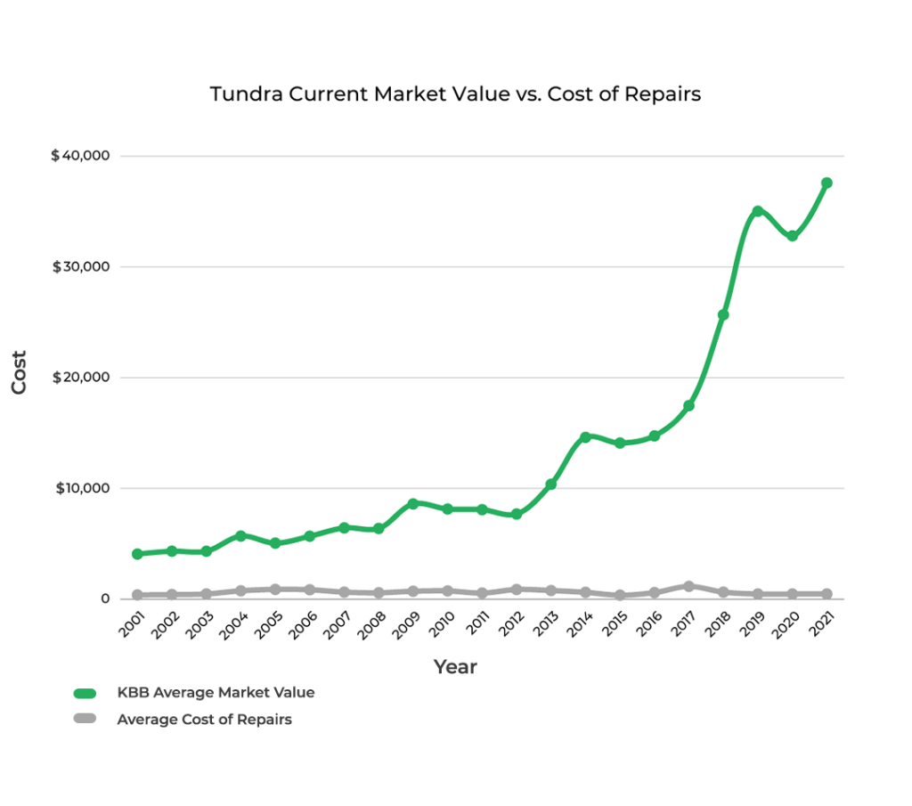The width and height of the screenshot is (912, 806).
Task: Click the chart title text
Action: click(x=455, y=94)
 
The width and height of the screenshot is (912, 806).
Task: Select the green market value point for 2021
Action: click(x=826, y=183)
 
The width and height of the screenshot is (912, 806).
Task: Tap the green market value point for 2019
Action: click(x=758, y=211)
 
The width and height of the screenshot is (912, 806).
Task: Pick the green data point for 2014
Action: click(x=585, y=437)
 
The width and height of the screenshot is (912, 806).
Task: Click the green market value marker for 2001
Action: click(x=137, y=554)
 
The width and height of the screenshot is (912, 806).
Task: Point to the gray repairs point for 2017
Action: click(x=688, y=586)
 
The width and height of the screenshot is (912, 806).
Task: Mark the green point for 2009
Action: click(x=412, y=503)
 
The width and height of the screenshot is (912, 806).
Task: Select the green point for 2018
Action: click(x=723, y=314)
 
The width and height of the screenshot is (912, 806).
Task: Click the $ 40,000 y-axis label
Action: click(x=80, y=156)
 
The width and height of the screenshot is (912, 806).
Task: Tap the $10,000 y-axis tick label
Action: click(x=82, y=488)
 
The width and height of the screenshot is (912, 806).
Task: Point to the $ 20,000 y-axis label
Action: click(x=80, y=378)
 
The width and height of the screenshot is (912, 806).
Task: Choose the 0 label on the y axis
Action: click(x=105, y=598)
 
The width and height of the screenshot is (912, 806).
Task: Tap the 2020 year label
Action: click(x=785, y=624)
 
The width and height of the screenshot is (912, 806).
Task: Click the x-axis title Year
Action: click(x=455, y=666)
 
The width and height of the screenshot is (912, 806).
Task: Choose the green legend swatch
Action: click(x=85, y=693)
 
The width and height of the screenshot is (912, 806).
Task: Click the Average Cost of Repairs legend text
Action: click(x=204, y=720)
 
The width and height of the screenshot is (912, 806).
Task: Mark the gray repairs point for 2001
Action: click(x=137, y=595)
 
